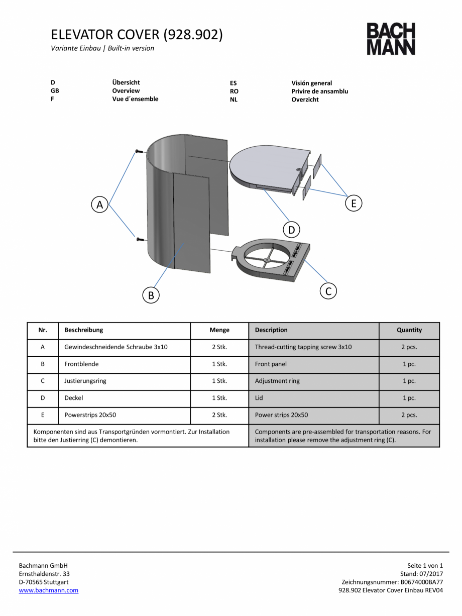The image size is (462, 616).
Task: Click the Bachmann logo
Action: pyautogui.click(x=391, y=39)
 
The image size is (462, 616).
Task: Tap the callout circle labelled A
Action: pyautogui.click(x=100, y=204)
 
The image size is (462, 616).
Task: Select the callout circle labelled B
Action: pyautogui.click(x=151, y=295)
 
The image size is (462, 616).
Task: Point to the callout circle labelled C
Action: pyautogui.click(x=328, y=291)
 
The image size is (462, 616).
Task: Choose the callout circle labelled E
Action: pyautogui.click(x=354, y=203)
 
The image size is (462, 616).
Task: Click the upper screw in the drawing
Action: pyautogui.click(x=139, y=151)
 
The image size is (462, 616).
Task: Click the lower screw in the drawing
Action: pyautogui.click(x=140, y=239)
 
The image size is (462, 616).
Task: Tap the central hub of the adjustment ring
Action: pyautogui.click(x=267, y=260)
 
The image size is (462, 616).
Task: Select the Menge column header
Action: pyautogui.click(x=219, y=330)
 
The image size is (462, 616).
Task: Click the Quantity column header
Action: pyautogui.click(x=409, y=330)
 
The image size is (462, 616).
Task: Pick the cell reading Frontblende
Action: pyautogui.click(x=81, y=364)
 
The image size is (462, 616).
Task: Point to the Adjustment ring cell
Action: pyautogui.click(x=277, y=381)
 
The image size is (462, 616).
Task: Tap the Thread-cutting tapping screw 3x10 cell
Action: pyautogui.click(x=303, y=347)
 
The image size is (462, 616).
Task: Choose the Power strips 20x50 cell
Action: pyautogui.click(x=281, y=415)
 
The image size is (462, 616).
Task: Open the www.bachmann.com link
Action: pyautogui.click(x=49, y=590)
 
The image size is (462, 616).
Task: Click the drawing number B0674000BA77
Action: pyautogui.click(x=422, y=582)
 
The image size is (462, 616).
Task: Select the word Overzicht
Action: pyautogui.click(x=305, y=99)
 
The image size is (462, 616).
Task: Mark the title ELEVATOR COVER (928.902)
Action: pyautogui.click(x=137, y=35)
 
